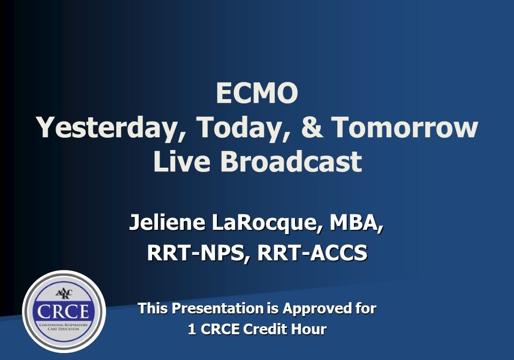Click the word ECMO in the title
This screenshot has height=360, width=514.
click(257, 94)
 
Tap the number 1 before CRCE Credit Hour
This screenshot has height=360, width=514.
click(192, 329)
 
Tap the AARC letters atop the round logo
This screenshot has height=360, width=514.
click(64, 294)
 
